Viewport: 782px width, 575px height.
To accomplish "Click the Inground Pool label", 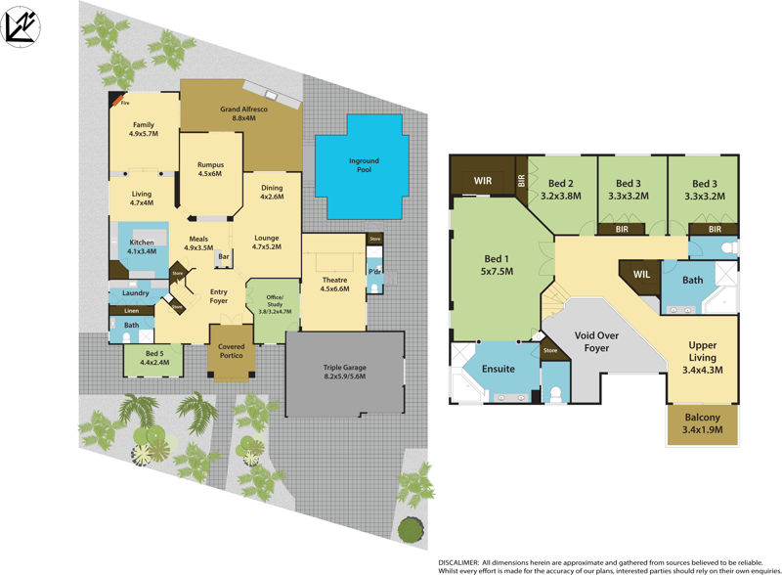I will click(364, 166).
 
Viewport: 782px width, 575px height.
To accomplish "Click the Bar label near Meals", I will click(223, 257).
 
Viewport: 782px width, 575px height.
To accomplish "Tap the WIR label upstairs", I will click(483, 180).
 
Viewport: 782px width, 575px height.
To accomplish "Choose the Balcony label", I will click(703, 422).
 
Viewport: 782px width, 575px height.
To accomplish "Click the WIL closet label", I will click(641, 275).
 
